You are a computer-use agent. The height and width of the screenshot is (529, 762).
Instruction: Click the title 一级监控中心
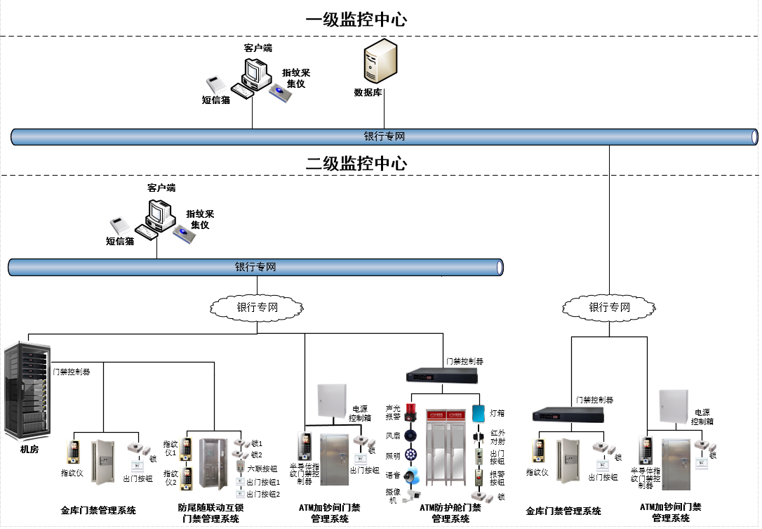pyautogui.click(x=356, y=20)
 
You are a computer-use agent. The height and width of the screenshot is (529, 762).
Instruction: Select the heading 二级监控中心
pyautogui.click(x=356, y=164)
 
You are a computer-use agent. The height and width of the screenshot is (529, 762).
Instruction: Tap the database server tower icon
pyautogui.click(x=380, y=63)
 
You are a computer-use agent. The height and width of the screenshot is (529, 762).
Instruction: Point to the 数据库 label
pyautogui.click(x=368, y=92)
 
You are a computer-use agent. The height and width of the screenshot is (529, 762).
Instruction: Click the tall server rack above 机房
pyautogui.click(x=27, y=389)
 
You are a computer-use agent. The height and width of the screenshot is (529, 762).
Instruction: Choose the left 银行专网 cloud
pyautogui.click(x=257, y=307)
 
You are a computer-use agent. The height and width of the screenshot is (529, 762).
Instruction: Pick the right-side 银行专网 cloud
pyautogui.click(x=609, y=307)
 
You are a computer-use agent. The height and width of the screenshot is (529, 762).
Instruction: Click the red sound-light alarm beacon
pyautogui.click(x=410, y=412)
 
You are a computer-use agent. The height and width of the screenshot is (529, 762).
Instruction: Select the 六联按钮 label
pyautogui.click(x=262, y=468)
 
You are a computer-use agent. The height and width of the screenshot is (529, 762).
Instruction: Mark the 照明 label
pyautogui.click(x=393, y=455)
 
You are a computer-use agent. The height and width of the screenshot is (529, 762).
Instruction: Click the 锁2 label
pyautogui.click(x=257, y=455)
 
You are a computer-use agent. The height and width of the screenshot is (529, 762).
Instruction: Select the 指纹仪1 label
pyautogui.click(x=171, y=448)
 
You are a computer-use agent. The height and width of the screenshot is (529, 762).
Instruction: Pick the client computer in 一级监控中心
pyautogui.click(x=256, y=72)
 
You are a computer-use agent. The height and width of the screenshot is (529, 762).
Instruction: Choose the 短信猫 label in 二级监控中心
pyautogui.click(x=120, y=241)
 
